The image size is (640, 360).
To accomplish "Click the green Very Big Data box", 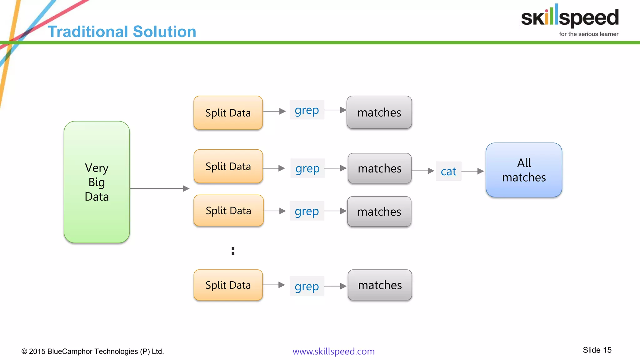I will pyautogui.click(x=97, y=182).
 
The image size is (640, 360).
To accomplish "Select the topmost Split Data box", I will pyautogui.click(x=228, y=113).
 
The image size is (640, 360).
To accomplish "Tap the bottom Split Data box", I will pyautogui.click(x=228, y=285).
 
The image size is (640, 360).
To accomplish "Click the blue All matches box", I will pyautogui.click(x=524, y=170).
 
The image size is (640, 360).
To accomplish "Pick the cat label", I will pyautogui.click(x=448, y=171).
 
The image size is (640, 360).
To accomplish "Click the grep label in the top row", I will pyautogui.click(x=307, y=110).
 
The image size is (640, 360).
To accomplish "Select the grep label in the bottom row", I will pyautogui.click(x=307, y=286).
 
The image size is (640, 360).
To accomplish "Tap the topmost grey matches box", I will pyautogui.click(x=379, y=112).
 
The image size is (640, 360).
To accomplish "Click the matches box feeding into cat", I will pyautogui.click(x=379, y=168).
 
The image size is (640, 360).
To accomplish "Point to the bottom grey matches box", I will pyautogui.click(x=380, y=285).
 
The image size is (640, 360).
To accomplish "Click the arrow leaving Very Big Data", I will pyautogui.click(x=159, y=188).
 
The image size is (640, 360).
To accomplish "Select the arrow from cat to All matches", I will pyautogui.click(x=472, y=171).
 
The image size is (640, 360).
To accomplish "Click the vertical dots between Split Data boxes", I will pyautogui.click(x=233, y=251).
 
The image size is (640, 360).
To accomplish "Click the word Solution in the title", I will pyautogui.click(x=164, y=32).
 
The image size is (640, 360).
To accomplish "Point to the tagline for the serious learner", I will pyautogui.click(x=588, y=34).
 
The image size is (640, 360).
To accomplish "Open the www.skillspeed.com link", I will pyautogui.click(x=333, y=351).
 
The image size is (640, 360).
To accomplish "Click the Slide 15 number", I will pyautogui.click(x=597, y=350).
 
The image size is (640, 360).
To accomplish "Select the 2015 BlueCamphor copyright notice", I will pyautogui.click(x=92, y=351).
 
